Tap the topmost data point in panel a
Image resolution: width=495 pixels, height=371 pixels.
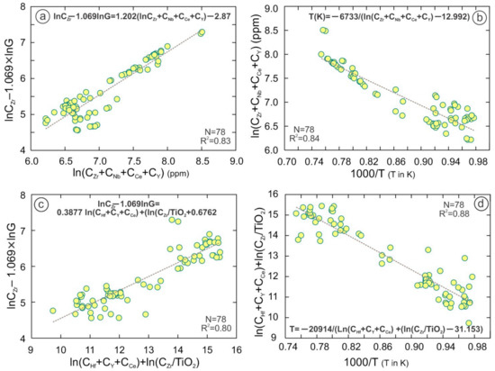point(202,32)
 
